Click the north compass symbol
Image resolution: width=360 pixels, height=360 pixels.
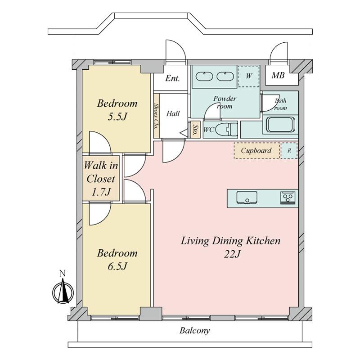(63, 290)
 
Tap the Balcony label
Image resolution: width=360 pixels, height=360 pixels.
(195, 331)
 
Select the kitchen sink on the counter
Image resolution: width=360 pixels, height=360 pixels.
(247, 197)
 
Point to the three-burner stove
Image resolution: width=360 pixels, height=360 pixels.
(288, 198)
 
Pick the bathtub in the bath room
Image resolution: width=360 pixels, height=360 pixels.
(280, 125)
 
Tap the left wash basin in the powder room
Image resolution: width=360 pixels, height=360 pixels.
(204, 76)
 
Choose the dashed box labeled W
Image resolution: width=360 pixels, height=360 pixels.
(249, 76)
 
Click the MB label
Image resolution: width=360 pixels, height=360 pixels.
(278, 75)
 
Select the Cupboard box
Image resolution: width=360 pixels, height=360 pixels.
(257, 151)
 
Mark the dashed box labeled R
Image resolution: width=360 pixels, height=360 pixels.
(289, 151)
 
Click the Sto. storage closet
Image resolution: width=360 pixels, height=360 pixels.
(195, 130)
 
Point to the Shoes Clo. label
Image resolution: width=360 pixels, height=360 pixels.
(157, 117)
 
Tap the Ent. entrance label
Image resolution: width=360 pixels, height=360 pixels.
(172, 78)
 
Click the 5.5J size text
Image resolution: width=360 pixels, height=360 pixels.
(117, 117)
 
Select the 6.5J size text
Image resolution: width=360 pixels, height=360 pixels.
(117, 266)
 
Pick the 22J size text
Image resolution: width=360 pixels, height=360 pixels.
(232, 254)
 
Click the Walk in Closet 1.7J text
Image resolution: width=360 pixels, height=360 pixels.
(101, 179)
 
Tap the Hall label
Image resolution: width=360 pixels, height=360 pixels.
(173, 113)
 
